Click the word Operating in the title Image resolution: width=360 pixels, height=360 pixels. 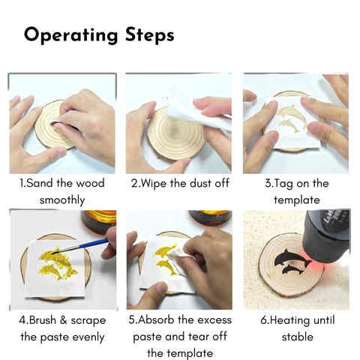pos(70,35)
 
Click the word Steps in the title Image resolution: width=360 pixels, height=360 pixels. pos(149,34)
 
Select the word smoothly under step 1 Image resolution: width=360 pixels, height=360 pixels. pos(62,200)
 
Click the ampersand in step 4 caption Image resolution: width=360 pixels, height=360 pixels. pos(64,320)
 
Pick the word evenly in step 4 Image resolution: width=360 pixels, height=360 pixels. pos(88,337)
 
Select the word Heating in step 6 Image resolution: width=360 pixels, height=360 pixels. pos(290,321)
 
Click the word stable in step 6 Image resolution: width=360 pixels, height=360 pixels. pos(298,337)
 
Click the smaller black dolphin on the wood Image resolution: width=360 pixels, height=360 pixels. pos(292,270)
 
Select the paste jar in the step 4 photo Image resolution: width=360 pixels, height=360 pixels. pos(99,222)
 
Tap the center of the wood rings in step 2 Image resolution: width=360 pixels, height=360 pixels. pos(175,130)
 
